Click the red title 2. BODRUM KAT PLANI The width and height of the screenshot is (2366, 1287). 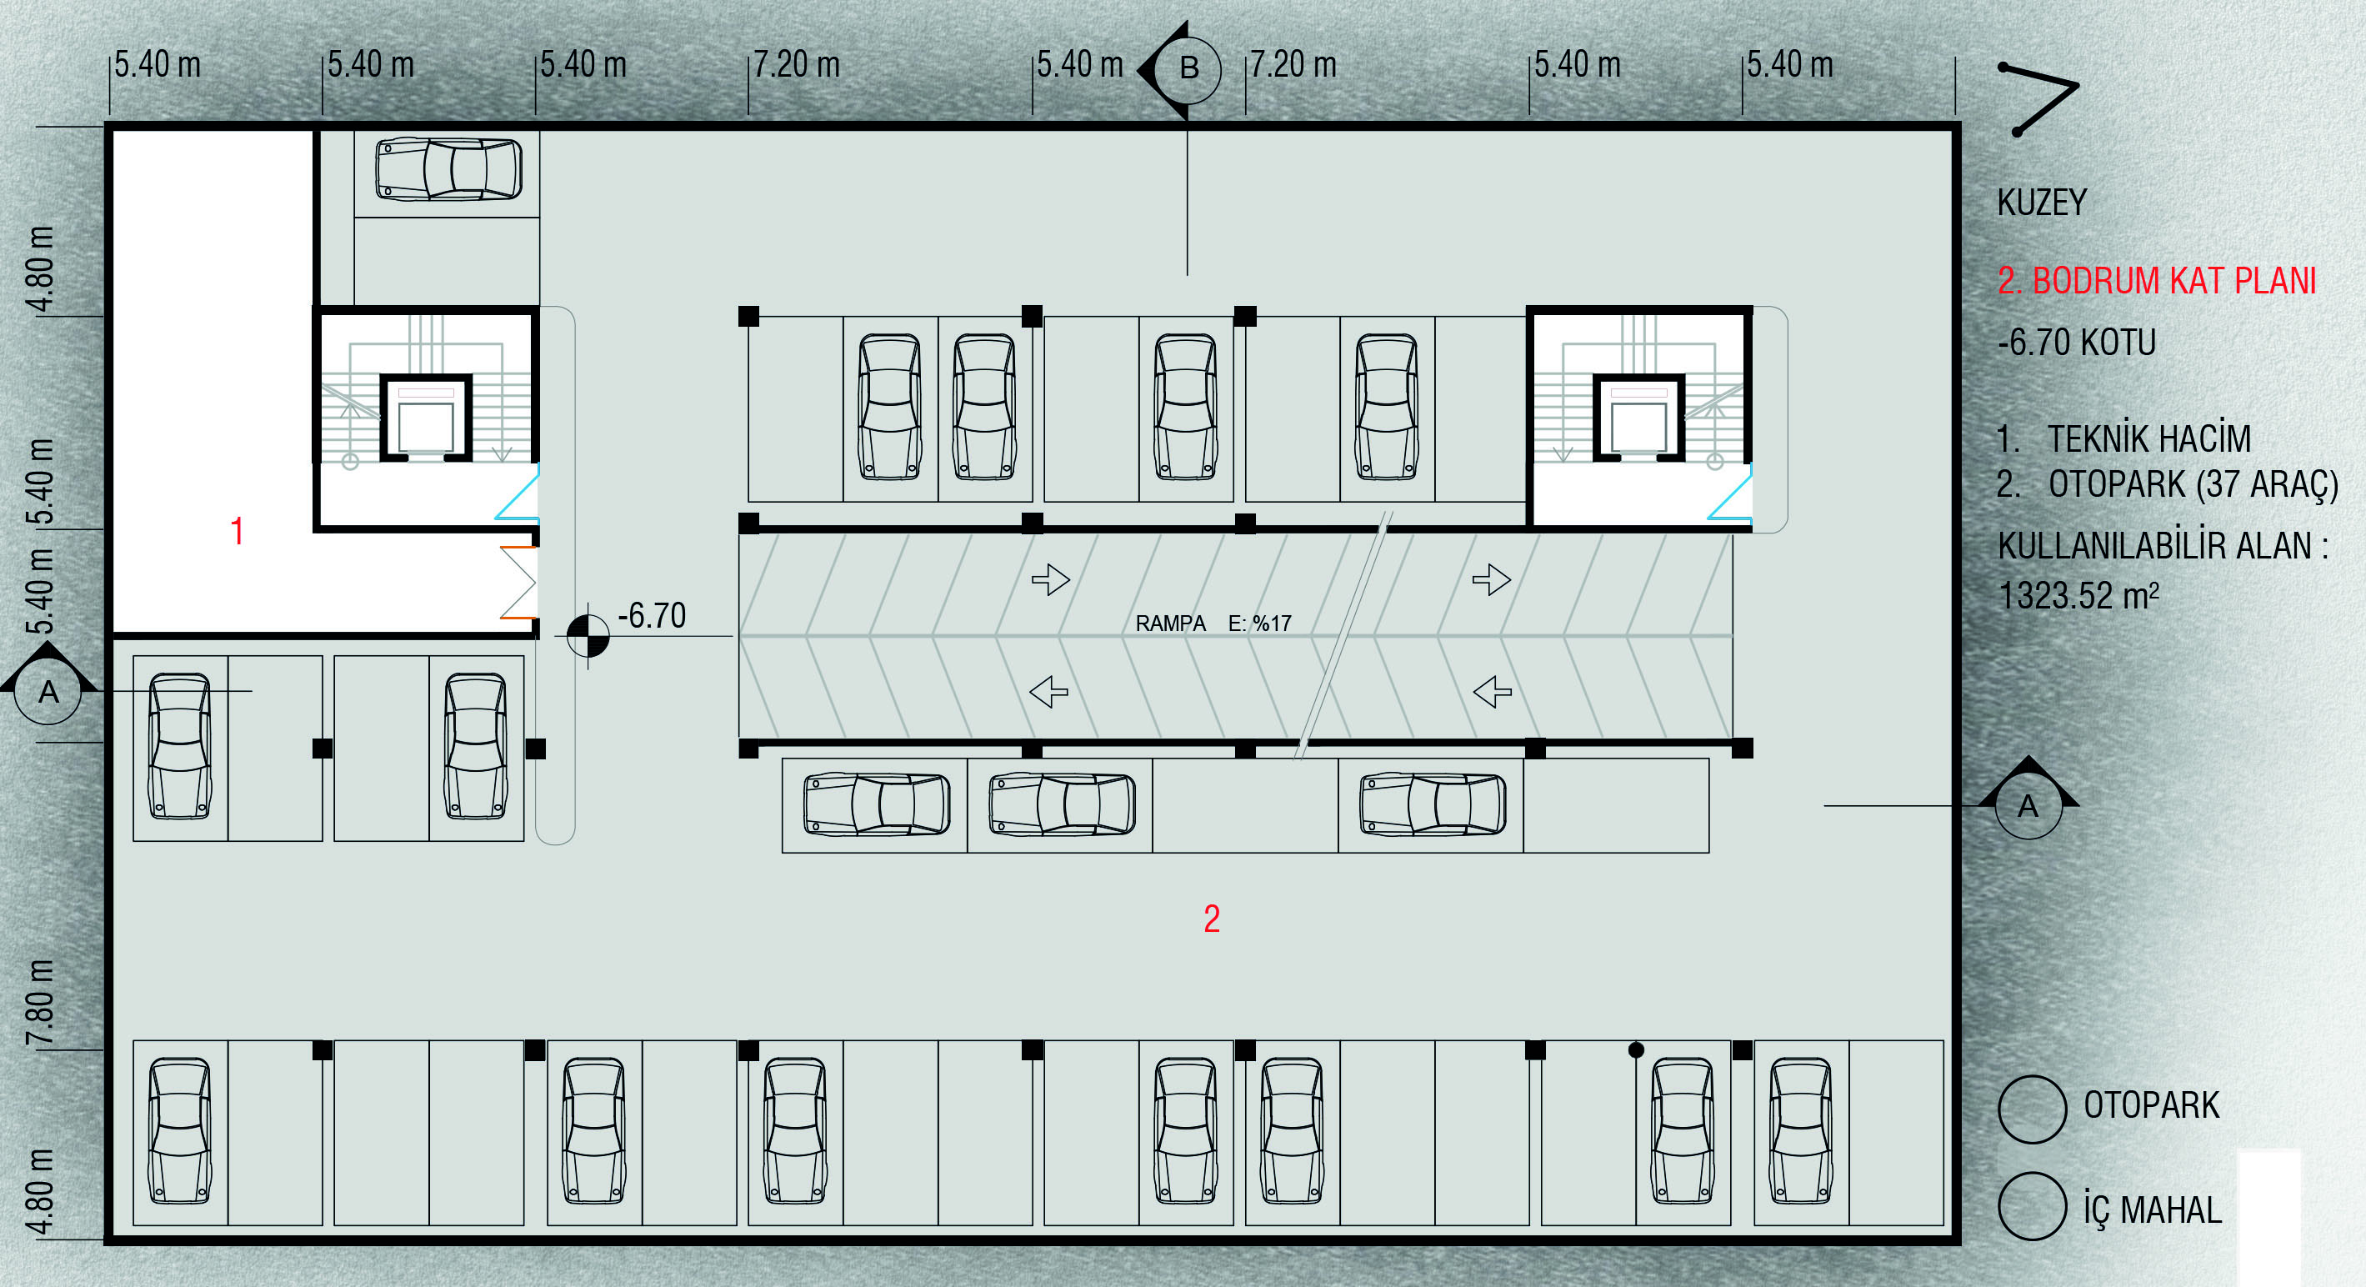click(x=2156, y=281)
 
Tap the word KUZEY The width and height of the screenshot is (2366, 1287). click(x=2041, y=202)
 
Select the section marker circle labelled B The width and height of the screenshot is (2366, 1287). click(x=1188, y=69)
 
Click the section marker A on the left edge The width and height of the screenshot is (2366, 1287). click(x=48, y=691)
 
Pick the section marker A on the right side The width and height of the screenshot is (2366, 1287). click(x=2027, y=806)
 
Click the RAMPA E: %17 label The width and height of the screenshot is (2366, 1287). click(x=1213, y=623)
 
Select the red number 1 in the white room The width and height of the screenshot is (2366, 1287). click(x=237, y=531)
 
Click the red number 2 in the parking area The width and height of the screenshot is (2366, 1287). click(x=1212, y=919)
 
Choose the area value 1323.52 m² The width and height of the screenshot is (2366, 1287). click(x=2078, y=596)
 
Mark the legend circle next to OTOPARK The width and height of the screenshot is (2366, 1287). click(x=2032, y=1109)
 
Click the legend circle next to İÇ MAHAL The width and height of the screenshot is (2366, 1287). click(x=2032, y=1207)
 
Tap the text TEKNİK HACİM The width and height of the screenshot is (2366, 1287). click(x=2148, y=439)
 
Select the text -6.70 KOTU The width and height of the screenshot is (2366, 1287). click(x=2076, y=343)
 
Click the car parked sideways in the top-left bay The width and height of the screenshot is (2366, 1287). click(x=448, y=169)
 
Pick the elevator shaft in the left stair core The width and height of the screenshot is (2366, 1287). click(x=426, y=418)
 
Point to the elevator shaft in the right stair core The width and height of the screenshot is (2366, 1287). click(x=1638, y=418)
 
